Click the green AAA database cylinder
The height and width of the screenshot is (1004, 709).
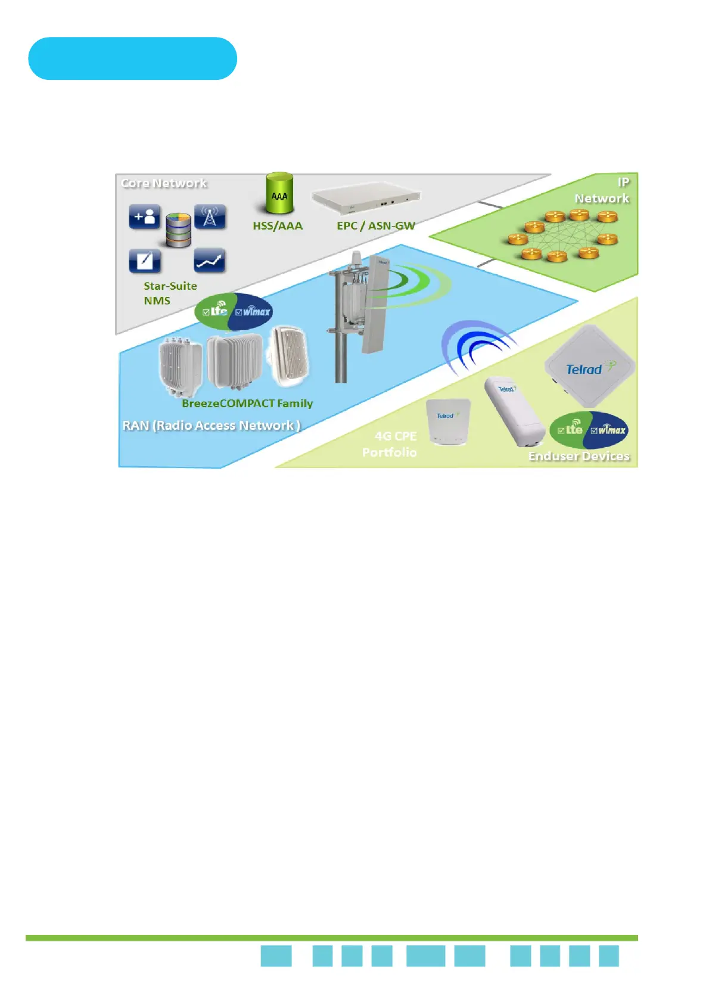279,193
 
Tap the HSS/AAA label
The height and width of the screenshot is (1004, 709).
278,226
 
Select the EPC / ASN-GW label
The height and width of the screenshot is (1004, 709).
376,226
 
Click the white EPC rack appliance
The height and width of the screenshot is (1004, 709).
366,199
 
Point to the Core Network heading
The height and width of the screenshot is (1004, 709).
164,183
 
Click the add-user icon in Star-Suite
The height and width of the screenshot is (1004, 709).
144,217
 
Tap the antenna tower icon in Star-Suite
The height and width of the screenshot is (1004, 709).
210,217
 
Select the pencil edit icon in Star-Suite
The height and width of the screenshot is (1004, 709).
144,261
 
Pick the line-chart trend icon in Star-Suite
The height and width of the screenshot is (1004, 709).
210,261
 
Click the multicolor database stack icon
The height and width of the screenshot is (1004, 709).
178,230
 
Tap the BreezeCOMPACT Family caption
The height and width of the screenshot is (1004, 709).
247,404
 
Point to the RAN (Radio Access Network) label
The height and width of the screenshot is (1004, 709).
212,426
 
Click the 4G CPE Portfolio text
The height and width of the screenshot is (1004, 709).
390,444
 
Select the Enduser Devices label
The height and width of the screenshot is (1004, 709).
579,457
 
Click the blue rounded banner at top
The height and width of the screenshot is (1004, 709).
132,58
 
